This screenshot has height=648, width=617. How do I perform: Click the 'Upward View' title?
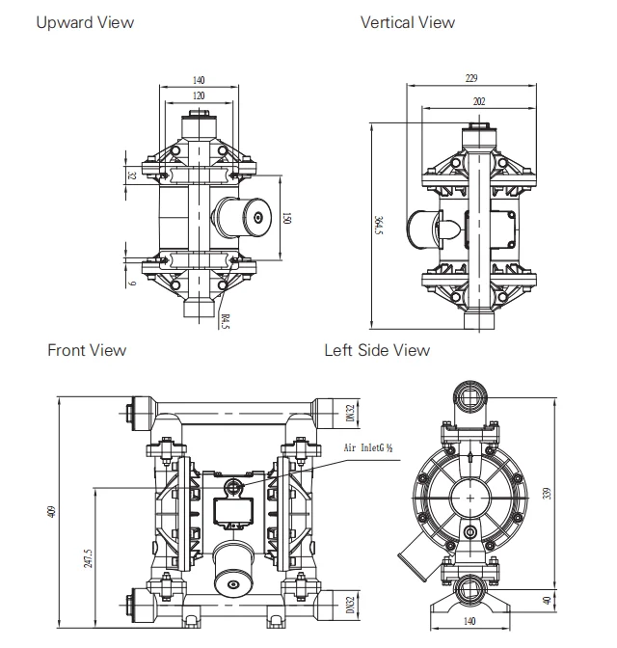(85, 22)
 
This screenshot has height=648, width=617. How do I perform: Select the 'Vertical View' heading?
(408, 22)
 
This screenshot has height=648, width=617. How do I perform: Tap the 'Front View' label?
(87, 350)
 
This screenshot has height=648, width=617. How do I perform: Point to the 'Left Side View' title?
(377, 350)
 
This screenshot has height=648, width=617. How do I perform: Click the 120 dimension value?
(199, 96)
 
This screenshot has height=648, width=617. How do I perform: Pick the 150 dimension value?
(286, 219)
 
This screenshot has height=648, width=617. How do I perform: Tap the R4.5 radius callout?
(225, 321)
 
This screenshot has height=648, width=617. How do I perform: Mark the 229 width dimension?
(471, 79)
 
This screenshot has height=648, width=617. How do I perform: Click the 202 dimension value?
(479, 101)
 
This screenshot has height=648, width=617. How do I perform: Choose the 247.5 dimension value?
(89, 558)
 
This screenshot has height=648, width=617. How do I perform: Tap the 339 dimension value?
(547, 495)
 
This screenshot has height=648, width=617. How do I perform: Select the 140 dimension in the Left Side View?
(471, 622)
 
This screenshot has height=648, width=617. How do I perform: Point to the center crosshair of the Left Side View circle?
(470, 496)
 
